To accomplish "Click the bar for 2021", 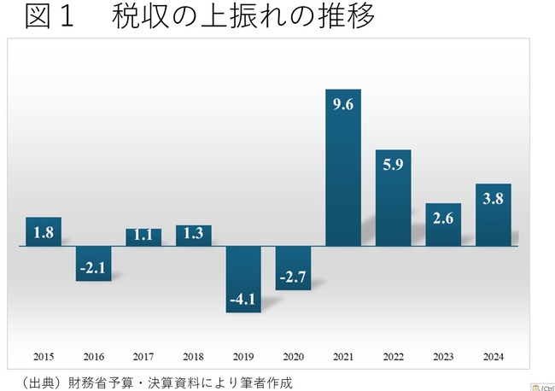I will pos(343,167).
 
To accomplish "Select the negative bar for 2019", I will pos(243,279).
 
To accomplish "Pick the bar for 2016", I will pos(93,263).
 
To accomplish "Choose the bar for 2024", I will pos(494,215).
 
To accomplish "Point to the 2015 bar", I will pos(44,231).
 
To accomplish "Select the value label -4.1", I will pos(243,300).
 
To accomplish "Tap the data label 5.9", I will pos(394,166).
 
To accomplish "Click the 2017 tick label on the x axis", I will pos(143,357).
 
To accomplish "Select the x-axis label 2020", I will pos(293,357).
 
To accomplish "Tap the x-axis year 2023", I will pos(443,357).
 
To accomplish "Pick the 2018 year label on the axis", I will pos(193,357).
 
